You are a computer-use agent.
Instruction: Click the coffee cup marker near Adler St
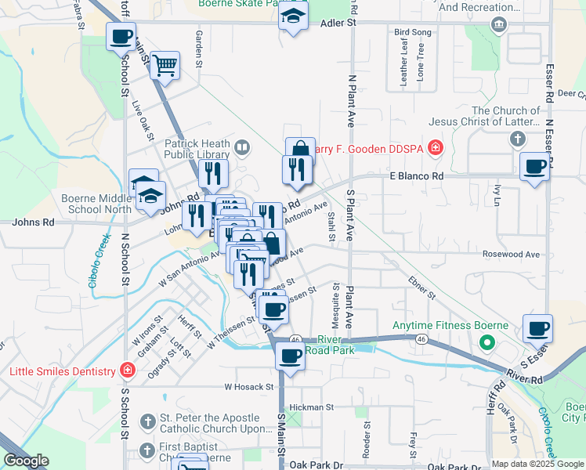point(121,37)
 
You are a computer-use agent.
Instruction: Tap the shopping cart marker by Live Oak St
point(165,66)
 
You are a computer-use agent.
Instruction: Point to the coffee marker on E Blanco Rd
point(536,167)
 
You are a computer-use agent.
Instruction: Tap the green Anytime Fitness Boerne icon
point(487,342)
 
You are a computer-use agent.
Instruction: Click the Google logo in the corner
point(26,461)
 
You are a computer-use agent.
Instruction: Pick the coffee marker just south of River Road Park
point(289,356)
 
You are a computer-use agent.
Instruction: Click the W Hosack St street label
point(248,386)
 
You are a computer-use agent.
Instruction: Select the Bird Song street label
point(413,32)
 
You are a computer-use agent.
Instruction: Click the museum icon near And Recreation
point(498,23)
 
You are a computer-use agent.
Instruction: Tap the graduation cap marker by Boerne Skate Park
point(293,16)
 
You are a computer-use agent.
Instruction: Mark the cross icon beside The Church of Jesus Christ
point(516,139)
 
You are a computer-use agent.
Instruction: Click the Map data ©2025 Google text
point(537,463)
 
